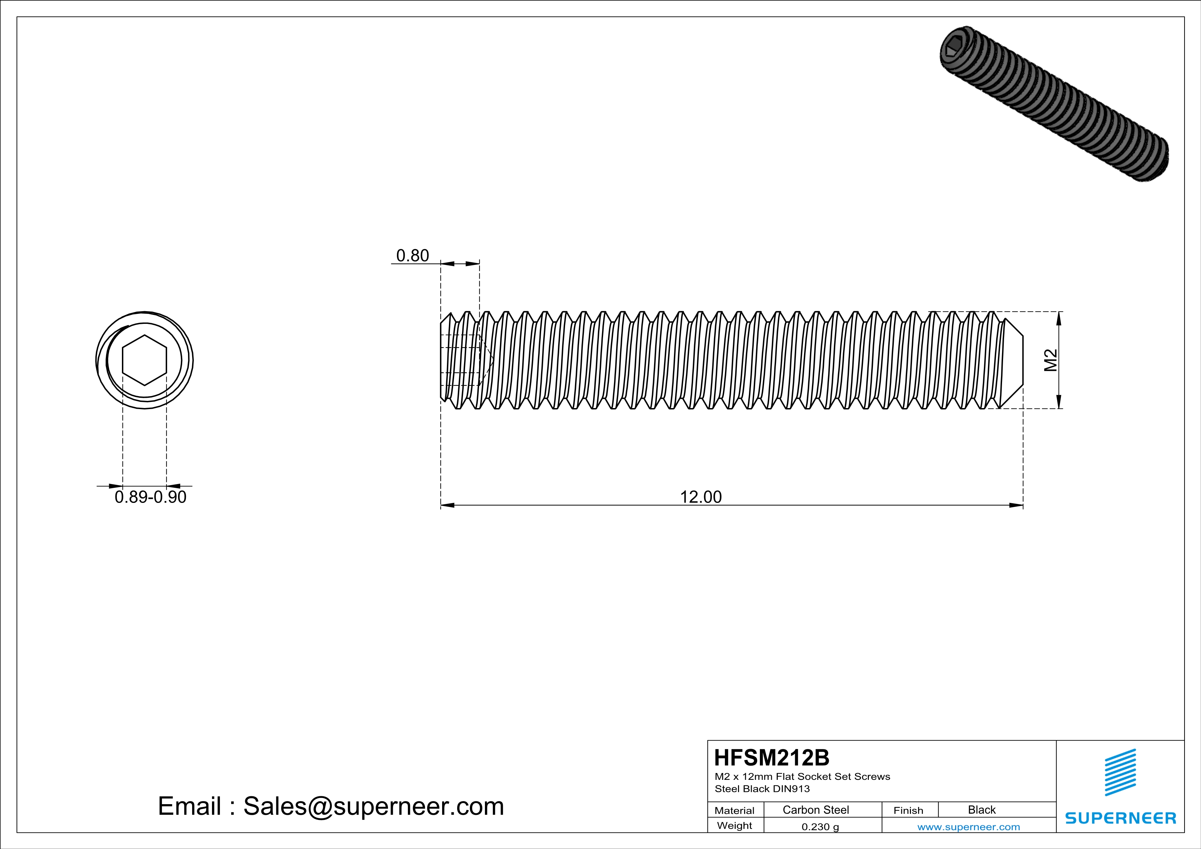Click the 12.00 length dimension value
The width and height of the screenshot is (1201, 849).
(700, 497)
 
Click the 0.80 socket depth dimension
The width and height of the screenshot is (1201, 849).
(412, 256)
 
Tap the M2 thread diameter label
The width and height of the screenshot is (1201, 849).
(1050, 360)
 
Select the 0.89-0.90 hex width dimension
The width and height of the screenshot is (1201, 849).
(150, 497)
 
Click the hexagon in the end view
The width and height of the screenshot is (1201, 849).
(145, 360)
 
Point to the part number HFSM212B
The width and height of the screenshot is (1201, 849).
(772, 758)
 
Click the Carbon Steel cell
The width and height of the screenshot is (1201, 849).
(815, 810)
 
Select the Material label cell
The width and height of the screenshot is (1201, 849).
(735, 810)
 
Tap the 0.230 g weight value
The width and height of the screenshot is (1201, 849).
(820, 826)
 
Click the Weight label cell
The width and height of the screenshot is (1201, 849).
(735, 825)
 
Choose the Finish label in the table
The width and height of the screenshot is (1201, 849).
(908, 810)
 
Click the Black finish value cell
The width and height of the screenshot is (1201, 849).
(981, 810)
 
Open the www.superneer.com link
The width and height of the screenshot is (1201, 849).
(968, 826)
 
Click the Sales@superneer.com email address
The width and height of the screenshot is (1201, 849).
(374, 806)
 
